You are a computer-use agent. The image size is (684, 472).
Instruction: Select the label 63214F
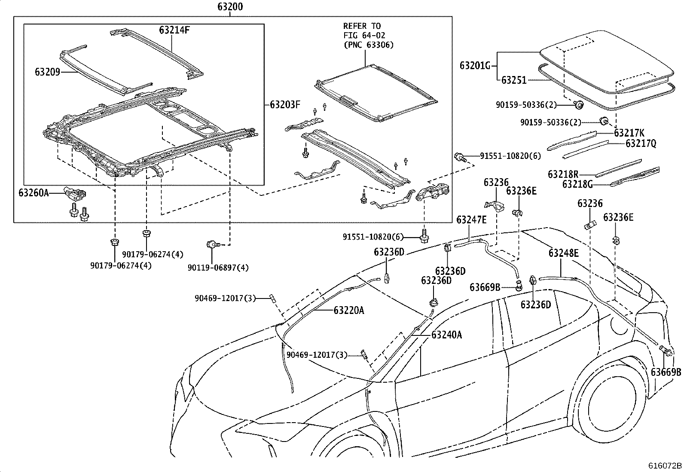pos(174,30)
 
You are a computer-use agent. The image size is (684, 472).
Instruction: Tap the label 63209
pos(47,72)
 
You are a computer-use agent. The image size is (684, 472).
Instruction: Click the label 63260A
pos(34,193)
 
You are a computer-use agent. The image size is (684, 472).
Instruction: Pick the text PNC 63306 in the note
pos(368,45)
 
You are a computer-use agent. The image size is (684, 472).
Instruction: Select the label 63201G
pos(475,66)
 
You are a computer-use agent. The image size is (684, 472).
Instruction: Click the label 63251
pos(514,80)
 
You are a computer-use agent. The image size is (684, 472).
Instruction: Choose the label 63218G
pos(577,184)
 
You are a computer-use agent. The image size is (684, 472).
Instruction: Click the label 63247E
pos(471,220)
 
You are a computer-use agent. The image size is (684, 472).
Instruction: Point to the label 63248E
pos(563,253)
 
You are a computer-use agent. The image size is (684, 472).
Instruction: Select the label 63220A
pos(348,310)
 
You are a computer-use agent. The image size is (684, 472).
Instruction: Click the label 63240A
pos(446,335)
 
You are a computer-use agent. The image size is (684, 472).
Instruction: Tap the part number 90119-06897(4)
pos(218,268)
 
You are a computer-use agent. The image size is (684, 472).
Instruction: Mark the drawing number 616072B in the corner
pos(665,466)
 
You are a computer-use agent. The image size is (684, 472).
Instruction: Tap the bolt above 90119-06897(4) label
pos(212,244)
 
